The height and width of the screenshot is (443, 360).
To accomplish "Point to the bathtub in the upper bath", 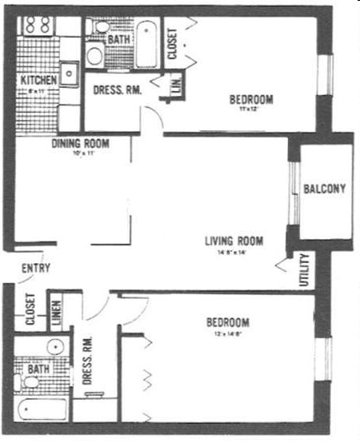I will (x=147, y=44).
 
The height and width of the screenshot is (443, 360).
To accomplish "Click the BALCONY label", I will (x=324, y=189).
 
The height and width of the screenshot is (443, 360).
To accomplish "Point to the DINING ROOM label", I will (x=80, y=144).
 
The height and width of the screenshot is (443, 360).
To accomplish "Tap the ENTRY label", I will (x=35, y=269).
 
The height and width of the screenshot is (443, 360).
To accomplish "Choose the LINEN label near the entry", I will (x=56, y=315).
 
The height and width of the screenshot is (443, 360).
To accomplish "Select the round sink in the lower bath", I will (x=54, y=347).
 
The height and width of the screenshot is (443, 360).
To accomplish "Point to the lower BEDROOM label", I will (x=228, y=322).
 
